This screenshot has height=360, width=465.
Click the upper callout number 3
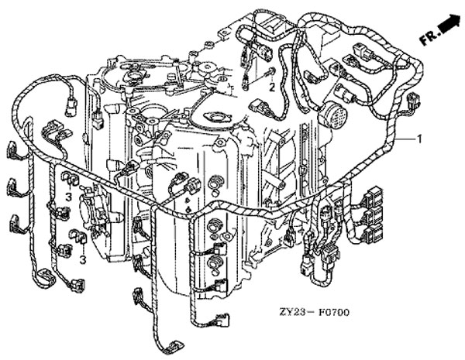pyautogui.click(x=69, y=198)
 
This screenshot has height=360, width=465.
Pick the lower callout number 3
pyautogui.click(x=83, y=259)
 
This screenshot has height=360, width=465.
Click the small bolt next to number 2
pyautogui.click(x=270, y=75)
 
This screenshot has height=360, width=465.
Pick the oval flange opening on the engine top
pyautogui.click(x=213, y=118)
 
